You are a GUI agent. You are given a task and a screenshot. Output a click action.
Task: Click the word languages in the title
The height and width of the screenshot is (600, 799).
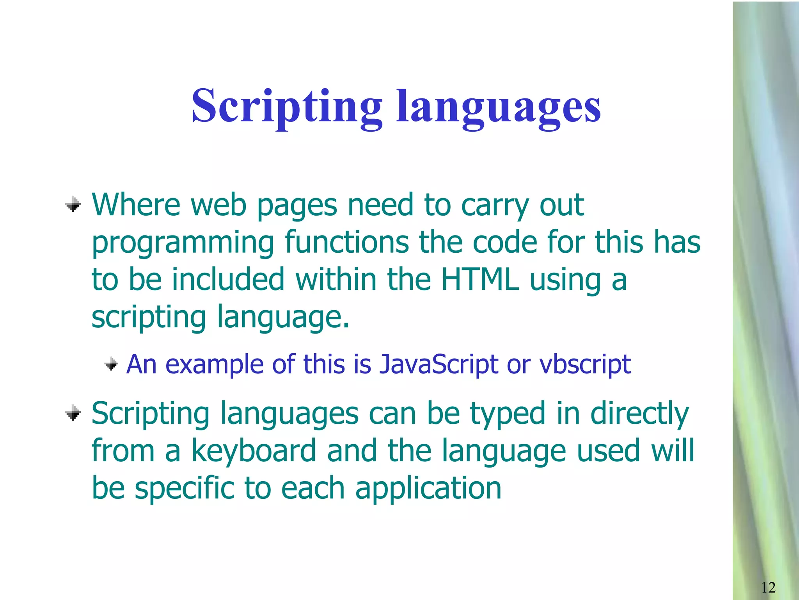pyautogui.click(x=499, y=107)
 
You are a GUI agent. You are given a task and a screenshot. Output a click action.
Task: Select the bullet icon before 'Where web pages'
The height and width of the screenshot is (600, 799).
pyautogui.click(x=73, y=204)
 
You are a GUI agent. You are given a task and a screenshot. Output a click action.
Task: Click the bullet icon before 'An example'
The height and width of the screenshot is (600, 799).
pyautogui.click(x=111, y=364)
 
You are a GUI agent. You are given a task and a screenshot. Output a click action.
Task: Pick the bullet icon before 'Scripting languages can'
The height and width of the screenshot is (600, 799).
pyautogui.click(x=73, y=412)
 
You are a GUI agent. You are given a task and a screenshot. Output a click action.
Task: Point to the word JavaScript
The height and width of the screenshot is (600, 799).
pyautogui.click(x=439, y=364)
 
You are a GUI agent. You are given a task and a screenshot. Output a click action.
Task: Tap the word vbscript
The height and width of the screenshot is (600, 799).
pyautogui.click(x=585, y=364)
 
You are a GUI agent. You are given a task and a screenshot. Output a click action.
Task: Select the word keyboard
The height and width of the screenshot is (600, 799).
pyautogui.click(x=254, y=451)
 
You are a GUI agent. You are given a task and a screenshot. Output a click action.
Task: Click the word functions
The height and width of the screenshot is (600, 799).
pyautogui.click(x=347, y=242)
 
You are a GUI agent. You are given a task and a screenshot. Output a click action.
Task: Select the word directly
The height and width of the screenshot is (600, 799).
pyautogui.click(x=640, y=414)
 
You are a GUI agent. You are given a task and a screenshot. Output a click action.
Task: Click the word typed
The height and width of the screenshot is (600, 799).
pyautogui.click(x=508, y=414)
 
